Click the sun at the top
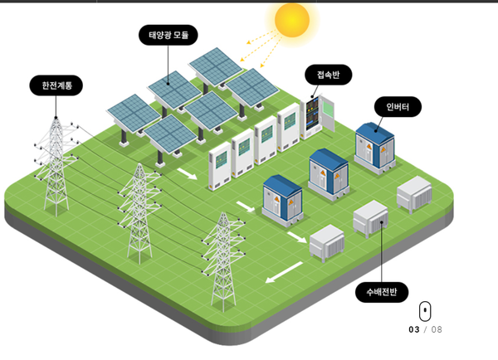tap(291, 20)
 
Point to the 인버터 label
tap(398, 107)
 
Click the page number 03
tap(414, 329)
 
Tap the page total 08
tap(437, 329)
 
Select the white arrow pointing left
tap(284, 271)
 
